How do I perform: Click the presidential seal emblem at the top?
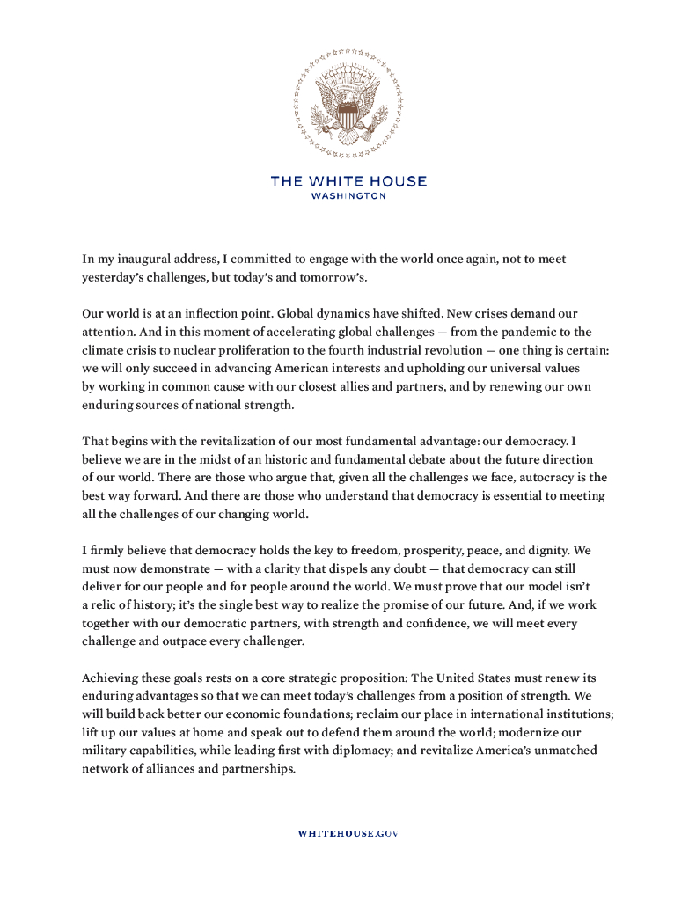(348, 103)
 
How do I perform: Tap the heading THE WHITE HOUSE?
(348, 180)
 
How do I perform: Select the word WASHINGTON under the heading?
(348, 196)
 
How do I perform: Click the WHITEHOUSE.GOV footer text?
(348, 832)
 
